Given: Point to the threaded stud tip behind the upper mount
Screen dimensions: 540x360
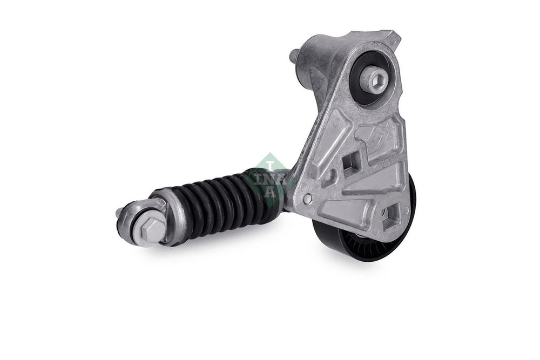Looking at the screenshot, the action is click(295, 55).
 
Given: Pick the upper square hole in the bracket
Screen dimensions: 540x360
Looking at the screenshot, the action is click(351, 162).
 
